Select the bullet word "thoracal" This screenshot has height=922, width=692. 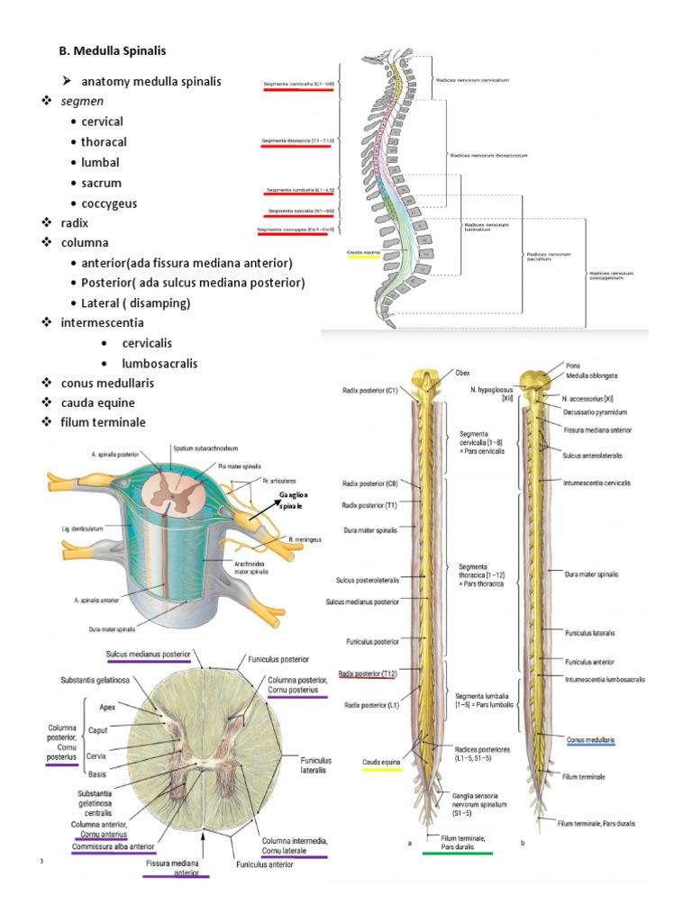(x=104, y=142)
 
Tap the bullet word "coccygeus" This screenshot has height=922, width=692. (x=109, y=203)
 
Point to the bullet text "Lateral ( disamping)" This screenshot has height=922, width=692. (x=136, y=303)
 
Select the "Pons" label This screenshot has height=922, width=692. (x=574, y=366)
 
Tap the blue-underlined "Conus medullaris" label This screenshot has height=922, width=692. (x=591, y=739)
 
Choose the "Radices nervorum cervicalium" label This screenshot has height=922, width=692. (x=478, y=80)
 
